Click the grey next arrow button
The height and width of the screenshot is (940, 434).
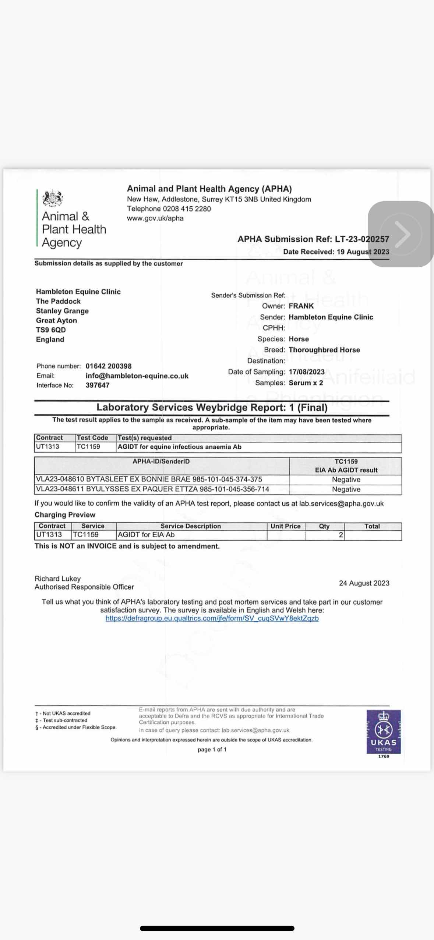click(401, 234)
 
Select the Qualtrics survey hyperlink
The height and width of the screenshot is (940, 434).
click(212, 618)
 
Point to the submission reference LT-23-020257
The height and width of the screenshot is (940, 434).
click(362, 239)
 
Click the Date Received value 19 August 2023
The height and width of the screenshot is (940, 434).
click(363, 252)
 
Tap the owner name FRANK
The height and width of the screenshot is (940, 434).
click(301, 306)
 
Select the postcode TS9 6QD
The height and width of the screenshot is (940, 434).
click(51, 330)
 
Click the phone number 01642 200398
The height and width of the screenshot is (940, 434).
click(109, 366)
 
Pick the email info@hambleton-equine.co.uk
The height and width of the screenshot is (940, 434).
click(137, 376)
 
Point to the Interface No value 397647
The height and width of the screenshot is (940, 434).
click(98, 385)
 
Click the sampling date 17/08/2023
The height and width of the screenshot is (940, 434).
click(307, 372)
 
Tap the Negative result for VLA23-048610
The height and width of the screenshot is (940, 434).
click(346, 480)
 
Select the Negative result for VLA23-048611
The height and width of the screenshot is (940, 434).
click(346, 489)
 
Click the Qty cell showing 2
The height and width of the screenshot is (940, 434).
click(341, 535)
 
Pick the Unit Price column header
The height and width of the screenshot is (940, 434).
click(286, 526)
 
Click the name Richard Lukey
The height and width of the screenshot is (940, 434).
click(57, 578)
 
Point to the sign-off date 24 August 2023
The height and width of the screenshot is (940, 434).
click(364, 583)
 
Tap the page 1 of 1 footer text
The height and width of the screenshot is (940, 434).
click(212, 749)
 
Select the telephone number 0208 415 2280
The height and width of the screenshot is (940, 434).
click(187, 209)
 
